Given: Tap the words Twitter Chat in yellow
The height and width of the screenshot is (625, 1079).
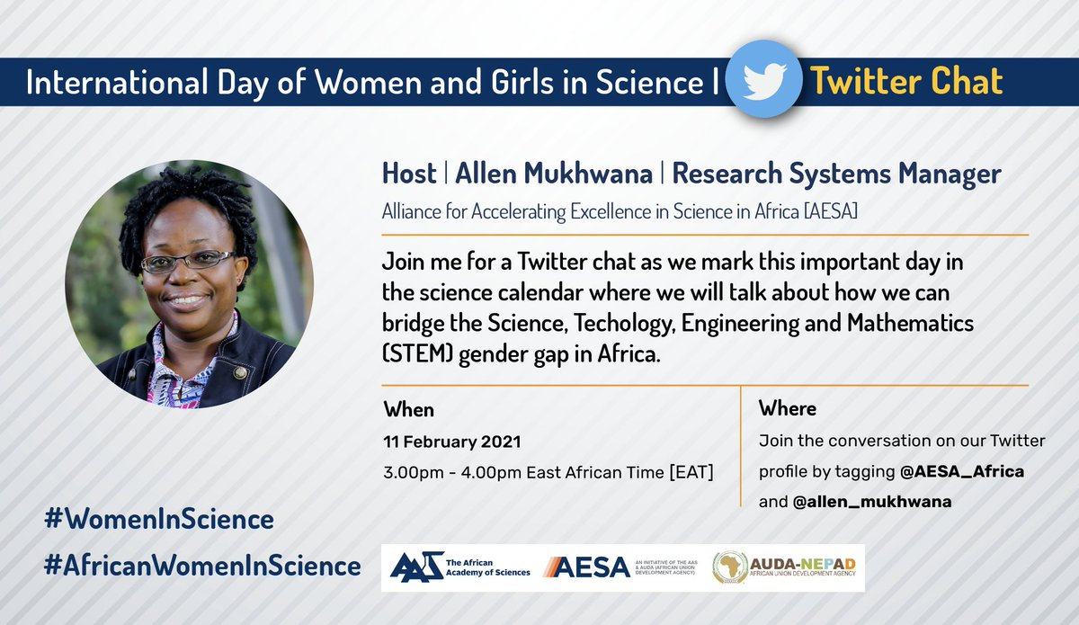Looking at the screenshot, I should coord(906,82).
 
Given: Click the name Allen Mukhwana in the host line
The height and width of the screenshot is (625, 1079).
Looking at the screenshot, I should coord(554,173).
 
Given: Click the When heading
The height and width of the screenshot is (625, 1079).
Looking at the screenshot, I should coord(409,410).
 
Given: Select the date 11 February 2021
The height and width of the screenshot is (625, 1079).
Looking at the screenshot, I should coord(452,442).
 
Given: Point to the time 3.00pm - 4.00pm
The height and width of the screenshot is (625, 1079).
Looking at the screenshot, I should coord(454,472).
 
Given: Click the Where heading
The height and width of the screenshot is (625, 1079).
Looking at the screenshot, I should coord(788,409).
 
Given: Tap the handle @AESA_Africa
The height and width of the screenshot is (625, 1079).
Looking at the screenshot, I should coord(960,472).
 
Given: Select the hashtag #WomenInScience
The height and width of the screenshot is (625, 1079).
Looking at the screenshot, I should coord(158,519).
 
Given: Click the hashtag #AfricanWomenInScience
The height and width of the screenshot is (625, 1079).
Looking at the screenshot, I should coord(201,566).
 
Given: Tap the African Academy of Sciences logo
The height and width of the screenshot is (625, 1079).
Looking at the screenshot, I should coord(460,567).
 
